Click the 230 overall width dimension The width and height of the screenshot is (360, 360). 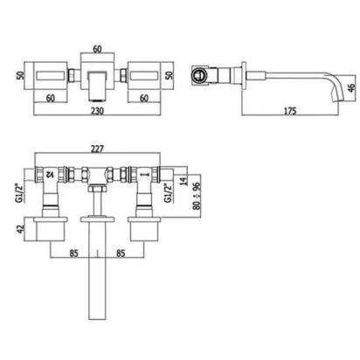tap(97, 111)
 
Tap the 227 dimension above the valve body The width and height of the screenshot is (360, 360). tap(97, 149)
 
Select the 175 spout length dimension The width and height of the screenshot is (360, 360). tap(290, 111)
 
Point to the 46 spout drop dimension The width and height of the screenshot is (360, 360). tap(351, 88)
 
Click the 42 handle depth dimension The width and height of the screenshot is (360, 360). tap(20, 229)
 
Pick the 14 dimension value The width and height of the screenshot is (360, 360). tap(183, 181)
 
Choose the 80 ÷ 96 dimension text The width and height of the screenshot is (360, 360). tap(197, 196)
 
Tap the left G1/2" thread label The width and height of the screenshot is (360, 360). tap(20, 192)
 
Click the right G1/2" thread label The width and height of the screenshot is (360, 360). tap(168, 192)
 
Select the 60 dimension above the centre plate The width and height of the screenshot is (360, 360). tap(97, 49)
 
